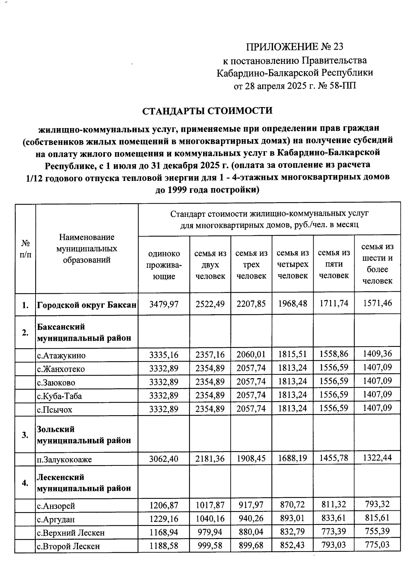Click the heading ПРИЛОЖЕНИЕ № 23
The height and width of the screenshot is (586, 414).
click(295, 47)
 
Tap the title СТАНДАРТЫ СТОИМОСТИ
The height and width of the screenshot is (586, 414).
click(207, 111)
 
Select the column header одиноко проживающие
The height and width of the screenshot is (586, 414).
click(164, 265)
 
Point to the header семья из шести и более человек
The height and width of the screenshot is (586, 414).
click(377, 264)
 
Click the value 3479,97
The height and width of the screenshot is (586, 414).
click(164, 304)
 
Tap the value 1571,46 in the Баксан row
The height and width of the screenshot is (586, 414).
click(377, 303)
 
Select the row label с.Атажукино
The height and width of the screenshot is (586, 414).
click(61, 356)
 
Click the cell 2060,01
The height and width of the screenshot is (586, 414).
click(251, 354)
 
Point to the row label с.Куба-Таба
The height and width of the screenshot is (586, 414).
click(60, 396)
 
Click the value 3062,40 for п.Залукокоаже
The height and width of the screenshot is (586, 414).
click(164, 459)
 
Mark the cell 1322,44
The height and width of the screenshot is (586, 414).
click(377, 458)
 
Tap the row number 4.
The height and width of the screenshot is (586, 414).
click(25, 483)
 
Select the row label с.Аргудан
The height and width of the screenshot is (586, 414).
click(56, 519)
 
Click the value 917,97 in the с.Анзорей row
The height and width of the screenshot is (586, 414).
click(251, 505)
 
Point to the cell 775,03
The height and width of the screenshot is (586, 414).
click(377, 545)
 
